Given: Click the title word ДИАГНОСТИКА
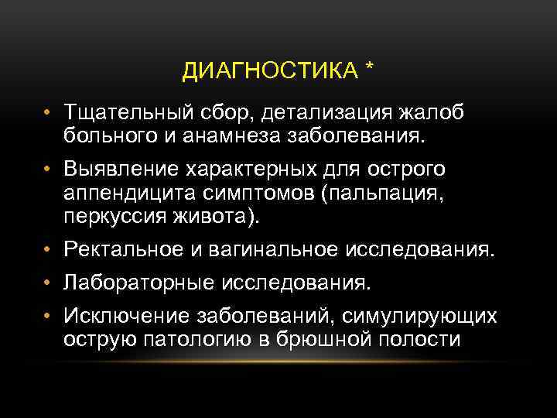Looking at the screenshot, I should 268,72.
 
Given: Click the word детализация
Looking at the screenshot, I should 333,115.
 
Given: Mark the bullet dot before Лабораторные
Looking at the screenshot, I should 47,283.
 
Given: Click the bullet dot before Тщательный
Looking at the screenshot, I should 47,115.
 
